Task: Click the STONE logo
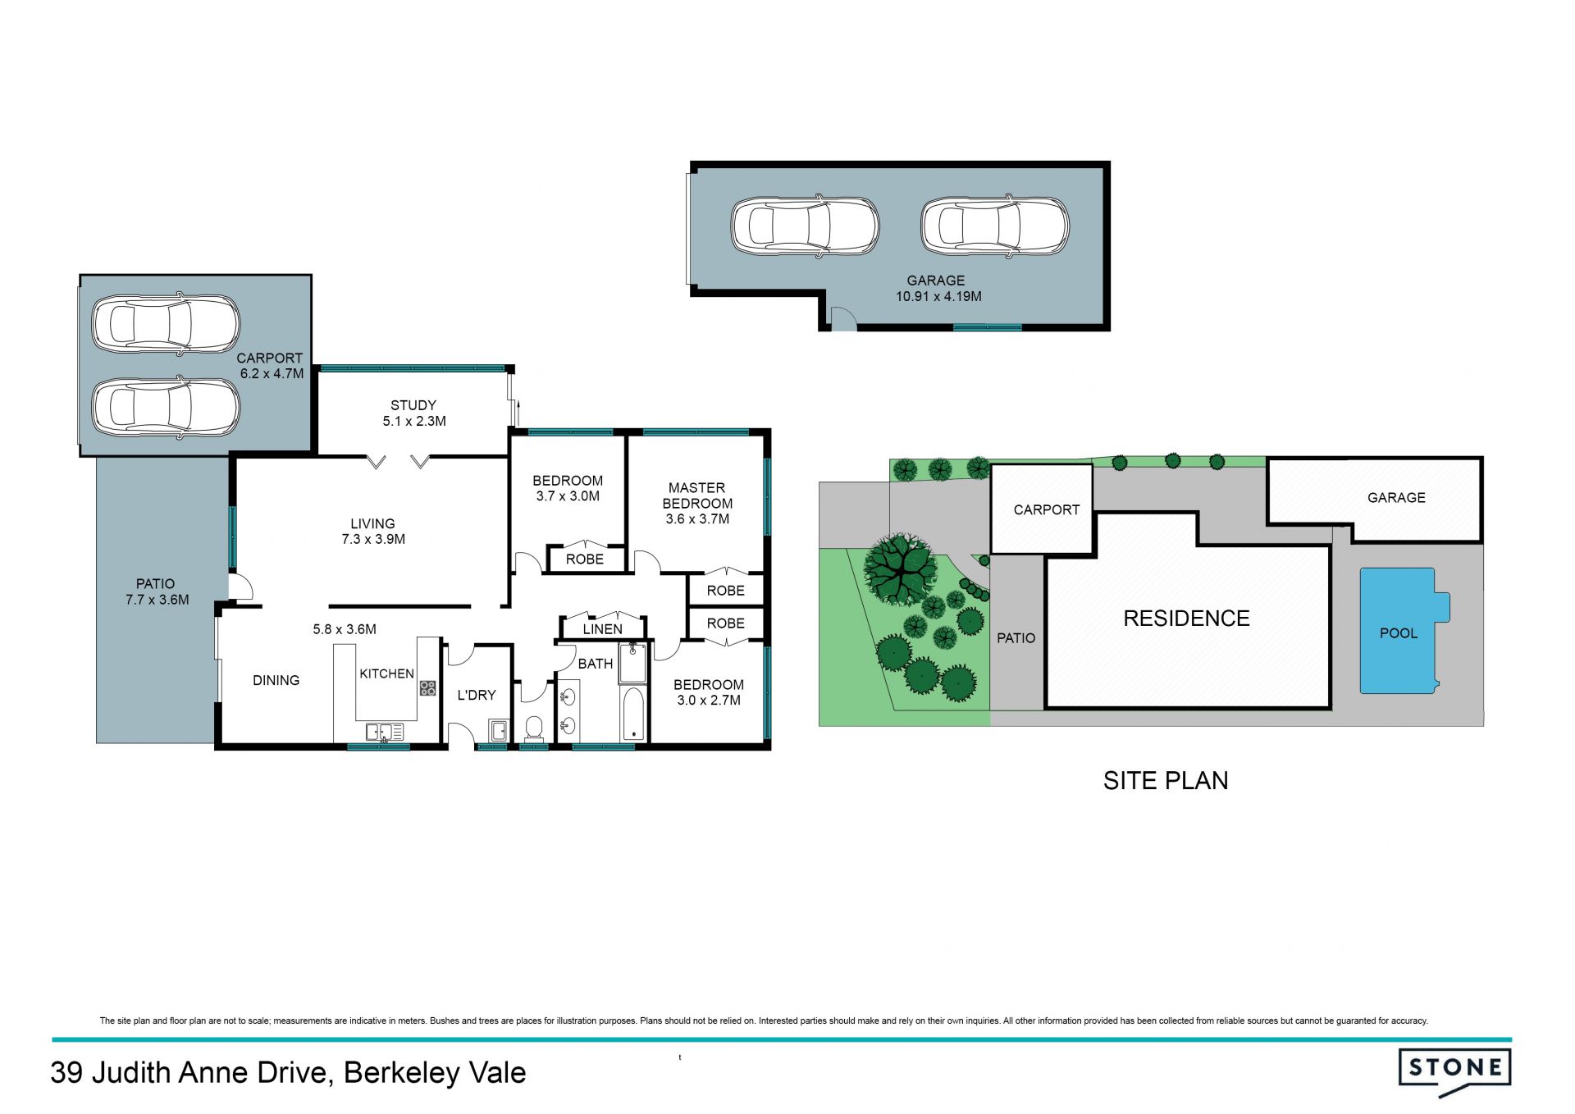[x=1454, y=1071]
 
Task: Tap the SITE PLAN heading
[x=1165, y=780]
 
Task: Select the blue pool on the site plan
[x=1404, y=630]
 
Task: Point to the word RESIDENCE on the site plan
[x=1186, y=619]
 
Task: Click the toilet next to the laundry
[x=534, y=728]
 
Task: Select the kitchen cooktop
[x=427, y=687]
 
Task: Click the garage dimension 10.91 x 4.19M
[x=938, y=296]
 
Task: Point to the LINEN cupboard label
[x=602, y=629]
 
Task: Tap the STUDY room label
[x=413, y=405]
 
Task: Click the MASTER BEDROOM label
[x=697, y=495]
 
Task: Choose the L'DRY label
[x=477, y=695]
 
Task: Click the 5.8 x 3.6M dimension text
[x=345, y=629]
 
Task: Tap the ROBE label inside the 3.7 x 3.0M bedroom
[x=585, y=559]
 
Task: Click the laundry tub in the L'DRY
[x=497, y=730]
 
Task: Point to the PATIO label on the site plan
[x=1016, y=638]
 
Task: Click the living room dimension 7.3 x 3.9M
[x=373, y=539]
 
